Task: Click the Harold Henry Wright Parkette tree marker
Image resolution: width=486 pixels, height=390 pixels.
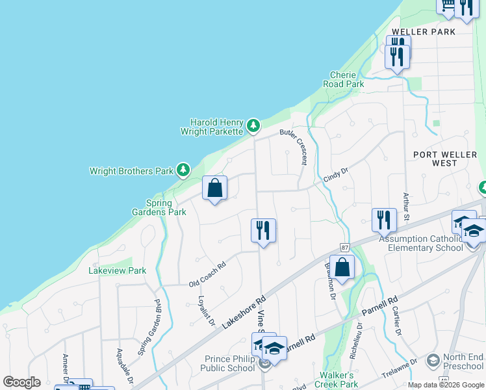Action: tap(253, 125)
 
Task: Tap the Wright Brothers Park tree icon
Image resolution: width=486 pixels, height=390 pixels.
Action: tap(183, 170)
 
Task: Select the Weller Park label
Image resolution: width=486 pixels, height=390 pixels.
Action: tap(419, 32)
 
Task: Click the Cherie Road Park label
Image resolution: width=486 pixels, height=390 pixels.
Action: tap(344, 79)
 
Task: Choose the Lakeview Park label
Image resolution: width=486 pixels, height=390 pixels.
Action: tap(118, 270)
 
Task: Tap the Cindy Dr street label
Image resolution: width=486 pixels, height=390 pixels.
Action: tap(336, 175)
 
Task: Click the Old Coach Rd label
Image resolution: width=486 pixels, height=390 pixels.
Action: tap(207, 278)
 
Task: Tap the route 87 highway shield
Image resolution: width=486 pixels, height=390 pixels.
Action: tap(344, 248)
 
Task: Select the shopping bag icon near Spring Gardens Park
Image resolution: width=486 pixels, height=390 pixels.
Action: tap(214, 188)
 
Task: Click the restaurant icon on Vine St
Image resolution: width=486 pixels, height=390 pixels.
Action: tap(263, 231)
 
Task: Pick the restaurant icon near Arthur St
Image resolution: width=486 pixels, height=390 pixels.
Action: tap(384, 220)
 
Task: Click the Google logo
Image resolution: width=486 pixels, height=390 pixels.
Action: tap(21, 382)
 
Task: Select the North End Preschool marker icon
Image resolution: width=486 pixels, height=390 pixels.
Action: tap(433, 360)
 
